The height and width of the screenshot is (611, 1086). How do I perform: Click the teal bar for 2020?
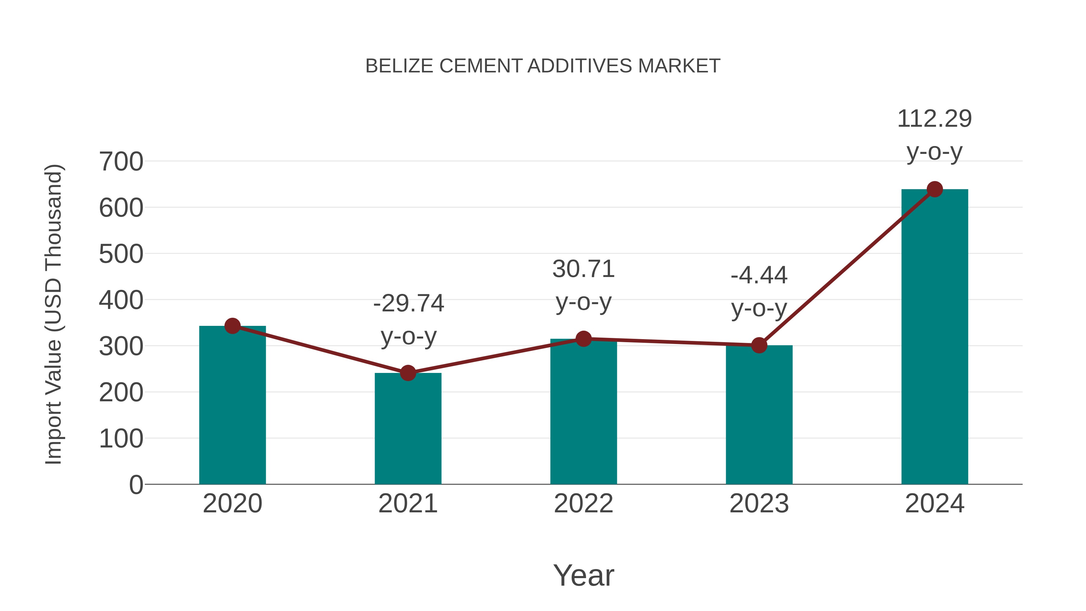(x=232, y=405)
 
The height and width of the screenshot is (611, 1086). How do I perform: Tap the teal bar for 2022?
(x=583, y=412)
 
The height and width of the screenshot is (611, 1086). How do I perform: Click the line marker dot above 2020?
(x=232, y=326)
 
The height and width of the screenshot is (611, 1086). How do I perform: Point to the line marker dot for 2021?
(x=408, y=373)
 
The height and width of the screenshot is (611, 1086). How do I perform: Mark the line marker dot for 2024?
(x=935, y=189)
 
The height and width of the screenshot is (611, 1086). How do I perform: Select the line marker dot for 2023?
(x=759, y=345)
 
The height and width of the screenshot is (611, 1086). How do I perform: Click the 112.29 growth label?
(x=935, y=119)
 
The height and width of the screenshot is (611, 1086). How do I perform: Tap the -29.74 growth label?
(x=408, y=303)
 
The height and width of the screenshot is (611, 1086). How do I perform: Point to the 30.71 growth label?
(x=583, y=269)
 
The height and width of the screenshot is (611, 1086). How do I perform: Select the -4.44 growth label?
(x=759, y=275)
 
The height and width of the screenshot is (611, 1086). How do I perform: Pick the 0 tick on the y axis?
(x=136, y=485)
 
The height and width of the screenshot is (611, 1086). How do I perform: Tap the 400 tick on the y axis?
(x=121, y=300)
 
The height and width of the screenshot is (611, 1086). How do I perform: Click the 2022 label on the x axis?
(x=583, y=504)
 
